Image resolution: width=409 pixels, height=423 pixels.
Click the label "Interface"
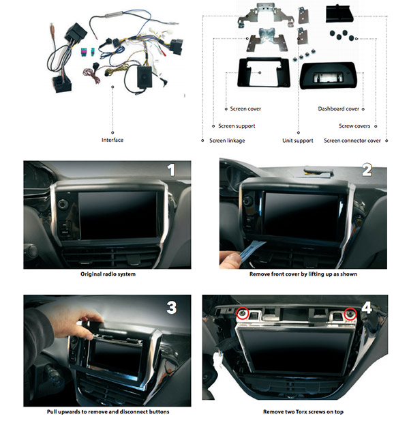click(x=112, y=140)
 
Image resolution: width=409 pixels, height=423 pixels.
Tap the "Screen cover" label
click(x=245, y=108)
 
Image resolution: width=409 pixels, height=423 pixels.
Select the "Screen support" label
click(x=237, y=126)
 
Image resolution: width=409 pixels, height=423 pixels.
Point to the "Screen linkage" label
click(x=227, y=141)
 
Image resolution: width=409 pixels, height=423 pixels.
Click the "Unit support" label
click(x=298, y=141)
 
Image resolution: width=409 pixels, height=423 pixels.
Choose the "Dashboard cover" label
click(x=338, y=108)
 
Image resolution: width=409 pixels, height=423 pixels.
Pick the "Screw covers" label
click(x=354, y=126)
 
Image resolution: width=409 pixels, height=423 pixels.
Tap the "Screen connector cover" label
click(x=352, y=141)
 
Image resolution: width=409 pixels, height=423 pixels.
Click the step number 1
click(x=171, y=171)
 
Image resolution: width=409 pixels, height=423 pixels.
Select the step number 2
click(x=367, y=171)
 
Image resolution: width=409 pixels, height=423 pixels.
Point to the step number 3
click(x=172, y=307)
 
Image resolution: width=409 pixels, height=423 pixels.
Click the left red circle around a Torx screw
click(x=243, y=313)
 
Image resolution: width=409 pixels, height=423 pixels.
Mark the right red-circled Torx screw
click(x=350, y=313)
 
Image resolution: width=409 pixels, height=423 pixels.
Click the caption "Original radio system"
click(x=108, y=274)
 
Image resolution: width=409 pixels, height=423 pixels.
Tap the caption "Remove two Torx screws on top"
click(x=303, y=411)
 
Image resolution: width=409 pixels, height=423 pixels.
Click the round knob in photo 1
click(x=63, y=204)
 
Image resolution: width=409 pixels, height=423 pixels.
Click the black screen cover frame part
click(x=263, y=72)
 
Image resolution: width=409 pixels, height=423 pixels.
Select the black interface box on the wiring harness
click(x=145, y=76)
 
